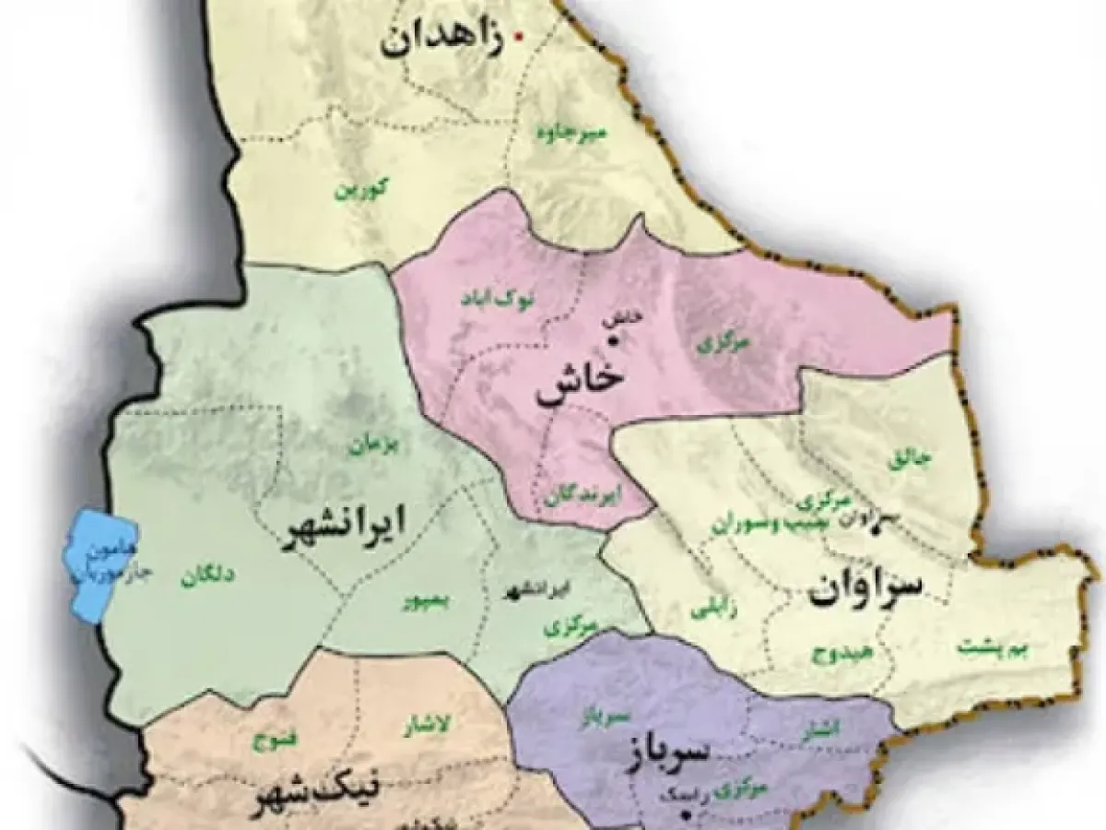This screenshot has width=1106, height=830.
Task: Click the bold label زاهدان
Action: tap(441, 41)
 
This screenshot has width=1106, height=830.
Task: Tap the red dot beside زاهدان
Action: tap(519, 37)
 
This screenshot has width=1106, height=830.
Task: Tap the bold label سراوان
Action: tap(866, 588)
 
